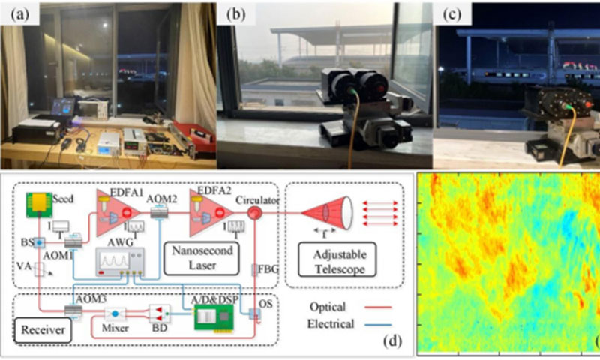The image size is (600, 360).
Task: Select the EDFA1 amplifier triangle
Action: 113,208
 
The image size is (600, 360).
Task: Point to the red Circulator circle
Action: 254,212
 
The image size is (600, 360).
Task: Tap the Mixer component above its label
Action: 115,314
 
